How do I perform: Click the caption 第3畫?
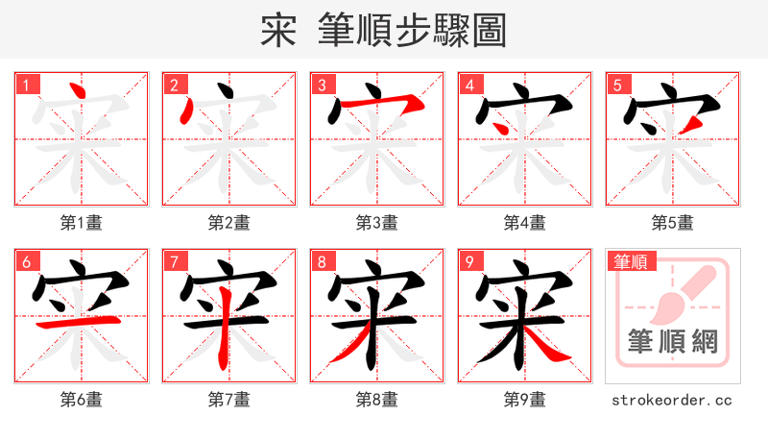coord(376,223)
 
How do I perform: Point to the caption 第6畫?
coord(81,400)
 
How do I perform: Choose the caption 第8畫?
coord(376,400)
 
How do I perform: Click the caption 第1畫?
coord(81,223)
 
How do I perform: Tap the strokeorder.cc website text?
coord(672,400)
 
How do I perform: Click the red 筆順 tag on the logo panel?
coord(630,260)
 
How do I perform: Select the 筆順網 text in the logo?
coord(672,342)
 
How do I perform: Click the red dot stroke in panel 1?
coord(79,94)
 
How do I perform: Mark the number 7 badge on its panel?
coord(172,261)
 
